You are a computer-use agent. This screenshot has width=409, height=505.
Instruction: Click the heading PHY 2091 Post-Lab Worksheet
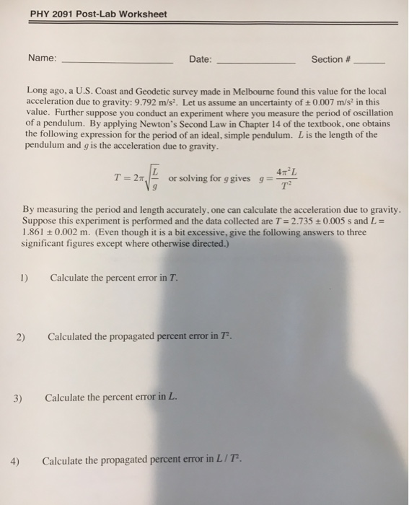(98, 14)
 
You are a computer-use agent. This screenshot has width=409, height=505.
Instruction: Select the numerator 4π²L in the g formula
(288, 171)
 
